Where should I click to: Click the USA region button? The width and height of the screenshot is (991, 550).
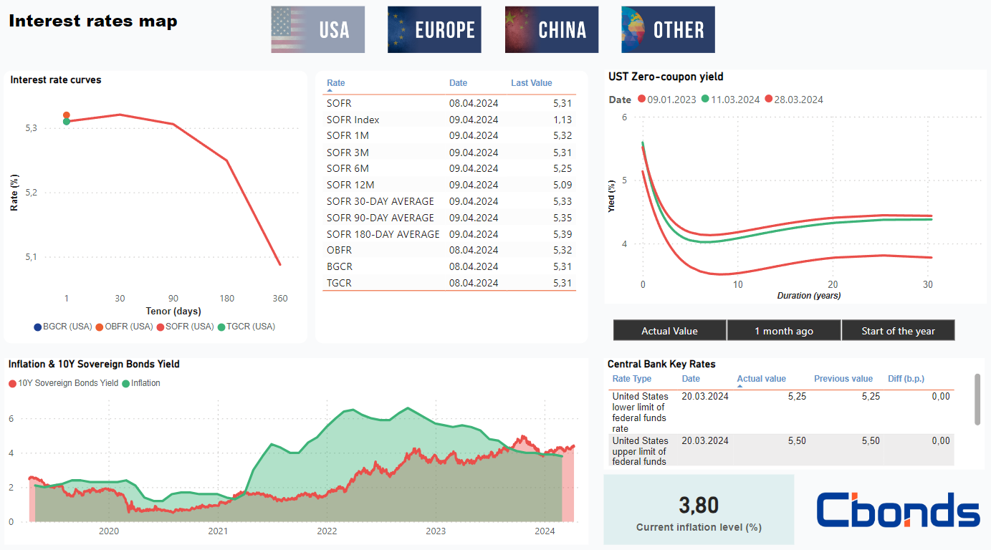tap(317, 29)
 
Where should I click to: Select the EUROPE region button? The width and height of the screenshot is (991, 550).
tap(434, 29)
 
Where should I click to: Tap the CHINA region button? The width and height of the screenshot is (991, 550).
tap(551, 29)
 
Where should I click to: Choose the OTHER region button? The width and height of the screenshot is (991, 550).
tap(668, 29)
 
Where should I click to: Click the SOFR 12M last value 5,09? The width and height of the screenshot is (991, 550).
tap(562, 185)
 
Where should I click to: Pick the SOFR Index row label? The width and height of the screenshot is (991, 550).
tap(353, 120)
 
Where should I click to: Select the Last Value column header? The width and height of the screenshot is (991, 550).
tap(531, 83)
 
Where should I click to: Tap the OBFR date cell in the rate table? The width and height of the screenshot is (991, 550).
tap(473, 250)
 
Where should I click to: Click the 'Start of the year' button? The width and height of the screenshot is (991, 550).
tap(898, 331)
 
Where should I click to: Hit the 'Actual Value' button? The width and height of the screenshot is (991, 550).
tap(669, 331)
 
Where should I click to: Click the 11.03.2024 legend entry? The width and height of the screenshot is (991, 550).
tap(730, 100)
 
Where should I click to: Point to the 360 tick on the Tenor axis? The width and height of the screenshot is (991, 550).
tap(280, 298)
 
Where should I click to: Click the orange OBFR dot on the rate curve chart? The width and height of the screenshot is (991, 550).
tap(67, 115)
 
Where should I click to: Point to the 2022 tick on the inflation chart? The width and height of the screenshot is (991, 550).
tap(327, 531)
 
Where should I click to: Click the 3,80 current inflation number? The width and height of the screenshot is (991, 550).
tap(699, 506)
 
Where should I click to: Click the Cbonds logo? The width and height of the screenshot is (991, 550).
tap(898, 510)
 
